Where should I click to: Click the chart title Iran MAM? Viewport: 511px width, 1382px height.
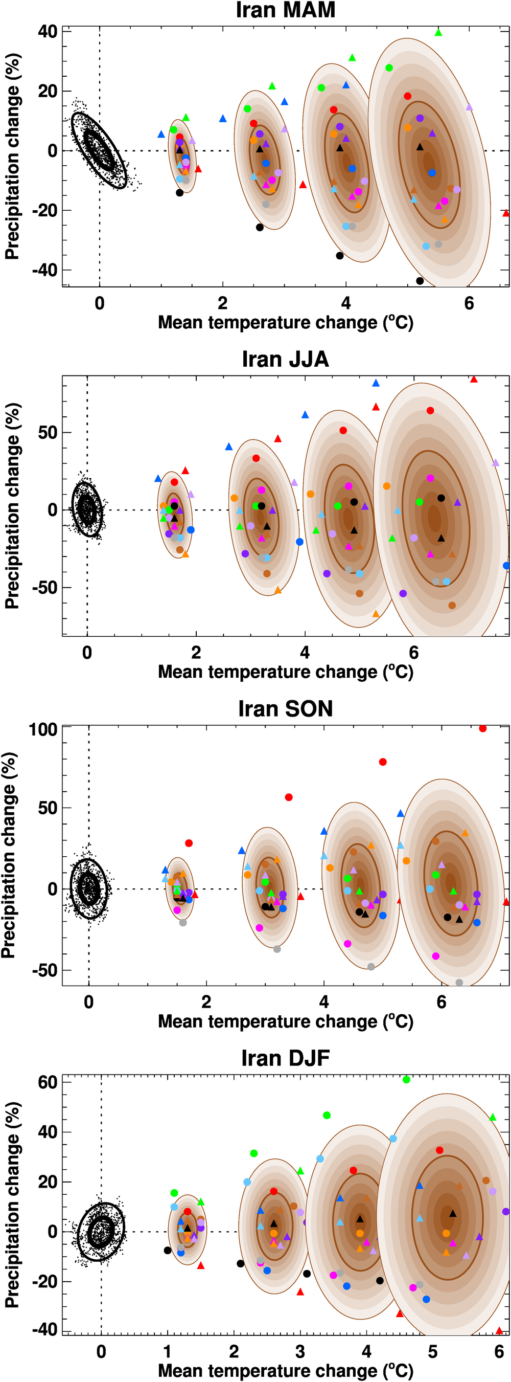click(285, 10)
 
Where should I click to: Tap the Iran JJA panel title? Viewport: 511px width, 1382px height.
click(285, 359)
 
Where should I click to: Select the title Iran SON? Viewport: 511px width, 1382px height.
click(285, 708)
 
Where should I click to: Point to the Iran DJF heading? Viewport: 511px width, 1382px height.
click(285, 1057)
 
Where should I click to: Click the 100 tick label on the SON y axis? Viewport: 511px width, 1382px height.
click(43, 730)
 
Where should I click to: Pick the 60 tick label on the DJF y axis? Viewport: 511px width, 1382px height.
click(47, 1082)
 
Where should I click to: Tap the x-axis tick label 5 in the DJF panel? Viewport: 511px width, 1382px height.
click(433, 1351)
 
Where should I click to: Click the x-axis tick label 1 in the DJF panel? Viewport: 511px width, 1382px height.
click(167, 1351)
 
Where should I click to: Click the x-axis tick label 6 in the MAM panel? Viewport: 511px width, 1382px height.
click(469, 304)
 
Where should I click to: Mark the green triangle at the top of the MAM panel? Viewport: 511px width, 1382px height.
click(438, 33)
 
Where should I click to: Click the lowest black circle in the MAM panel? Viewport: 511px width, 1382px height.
click(420, 281)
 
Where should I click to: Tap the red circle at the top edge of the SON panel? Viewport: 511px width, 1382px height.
click(482, 728)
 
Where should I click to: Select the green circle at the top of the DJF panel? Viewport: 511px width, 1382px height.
click(406, 1079)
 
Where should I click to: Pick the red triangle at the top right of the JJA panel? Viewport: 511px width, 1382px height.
click(474, 380)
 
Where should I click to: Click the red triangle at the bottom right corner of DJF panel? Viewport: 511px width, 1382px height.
click(499, 1330)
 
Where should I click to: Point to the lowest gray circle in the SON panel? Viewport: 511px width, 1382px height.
click(459, 983)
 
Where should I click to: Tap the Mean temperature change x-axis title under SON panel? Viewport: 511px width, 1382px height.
click(285, 1021)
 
